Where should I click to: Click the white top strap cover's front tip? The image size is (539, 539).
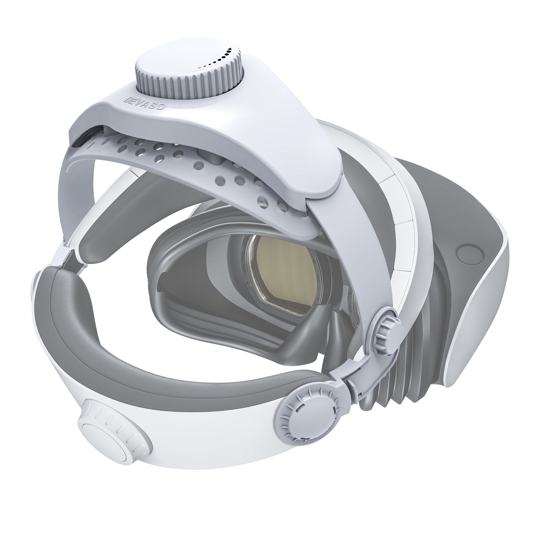323,189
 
